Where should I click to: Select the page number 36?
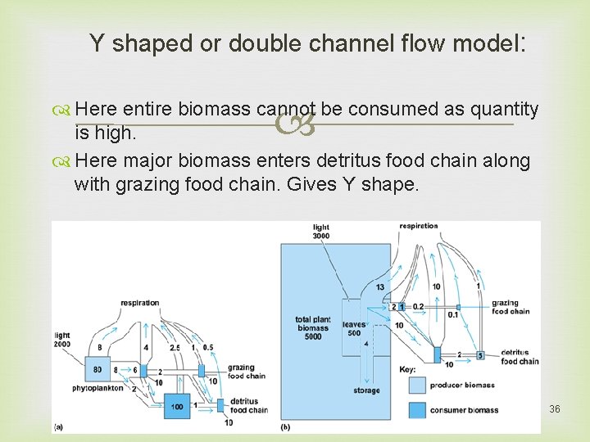coord(555,408)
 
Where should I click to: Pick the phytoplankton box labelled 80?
coord(98,369)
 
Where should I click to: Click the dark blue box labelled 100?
coord(177,406)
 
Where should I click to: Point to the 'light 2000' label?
coord(63,339)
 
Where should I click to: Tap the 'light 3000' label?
coord(320,231)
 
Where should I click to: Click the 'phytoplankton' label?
coord(96,388)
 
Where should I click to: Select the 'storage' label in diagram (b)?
coord(366,390)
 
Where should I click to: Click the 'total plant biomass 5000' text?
coord(312,328)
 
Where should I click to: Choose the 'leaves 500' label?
coord(354,328)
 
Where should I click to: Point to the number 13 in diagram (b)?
coord(380,287)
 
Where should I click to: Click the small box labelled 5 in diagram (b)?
coord(481,355)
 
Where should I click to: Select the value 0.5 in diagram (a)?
coord(207,347)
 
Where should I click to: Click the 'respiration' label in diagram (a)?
coord(140,303)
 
